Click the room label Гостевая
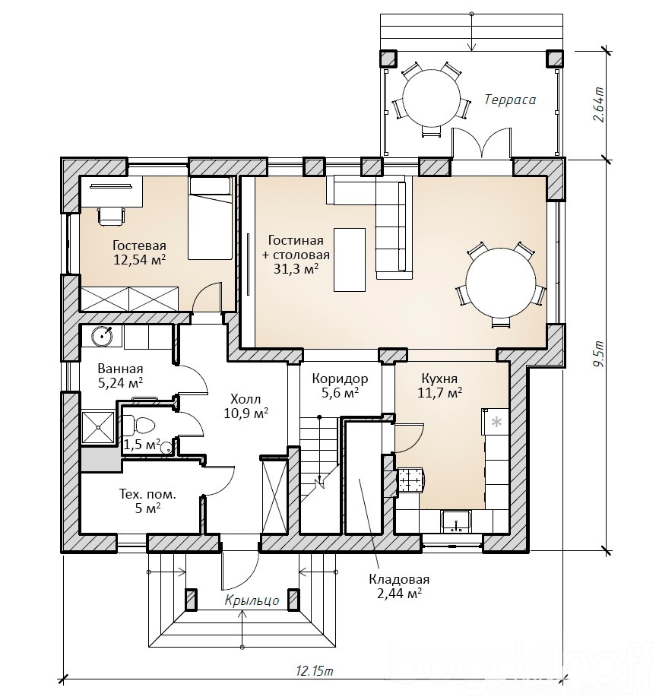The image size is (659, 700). click(x=139, y=246)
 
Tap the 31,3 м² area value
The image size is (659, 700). click(x=296, y=268)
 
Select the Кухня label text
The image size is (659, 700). click(x=439, y=379)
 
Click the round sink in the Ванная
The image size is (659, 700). click(x=102, y=336)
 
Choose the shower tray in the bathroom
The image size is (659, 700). click(x=98, y=427)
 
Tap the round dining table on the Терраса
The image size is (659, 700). click(x=431, y=98)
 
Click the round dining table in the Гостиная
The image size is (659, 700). click(x=500, y=283)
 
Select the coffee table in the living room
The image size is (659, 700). click(x=350, y=260)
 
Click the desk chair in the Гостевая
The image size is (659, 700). click(x=111, y=216)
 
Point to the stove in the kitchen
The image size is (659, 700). click(x=410, y=482)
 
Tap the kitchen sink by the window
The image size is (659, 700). click(x=455, y=522)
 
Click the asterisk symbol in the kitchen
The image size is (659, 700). click(x=496, y=422)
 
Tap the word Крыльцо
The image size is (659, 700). click(x=252, y=600)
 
